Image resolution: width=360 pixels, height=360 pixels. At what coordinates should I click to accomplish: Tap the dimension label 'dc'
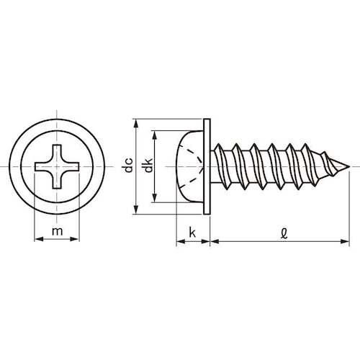click(x=127, y=167)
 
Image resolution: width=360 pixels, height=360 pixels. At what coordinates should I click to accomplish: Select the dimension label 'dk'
click(x=148, y=167)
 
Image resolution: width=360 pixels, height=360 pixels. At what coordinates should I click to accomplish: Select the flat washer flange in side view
click(x=208, y=167)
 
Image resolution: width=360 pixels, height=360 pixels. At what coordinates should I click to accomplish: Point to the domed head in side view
click(x=189, y=167)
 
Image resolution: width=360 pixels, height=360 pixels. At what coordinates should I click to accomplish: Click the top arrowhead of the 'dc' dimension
click(x=137, y=123)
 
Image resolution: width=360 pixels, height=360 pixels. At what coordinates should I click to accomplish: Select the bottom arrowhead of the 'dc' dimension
click(x=137, y=212)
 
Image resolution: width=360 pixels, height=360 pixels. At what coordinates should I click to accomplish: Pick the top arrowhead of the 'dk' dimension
click(x=157, y=134)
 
